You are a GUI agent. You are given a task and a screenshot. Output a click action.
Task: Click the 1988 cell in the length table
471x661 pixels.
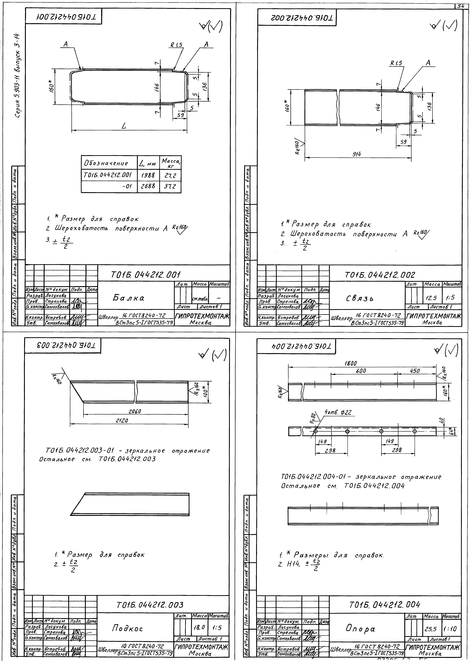(x=148, y=175)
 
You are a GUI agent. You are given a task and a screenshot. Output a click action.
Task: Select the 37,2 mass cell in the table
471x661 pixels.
(x=170, y=186)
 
